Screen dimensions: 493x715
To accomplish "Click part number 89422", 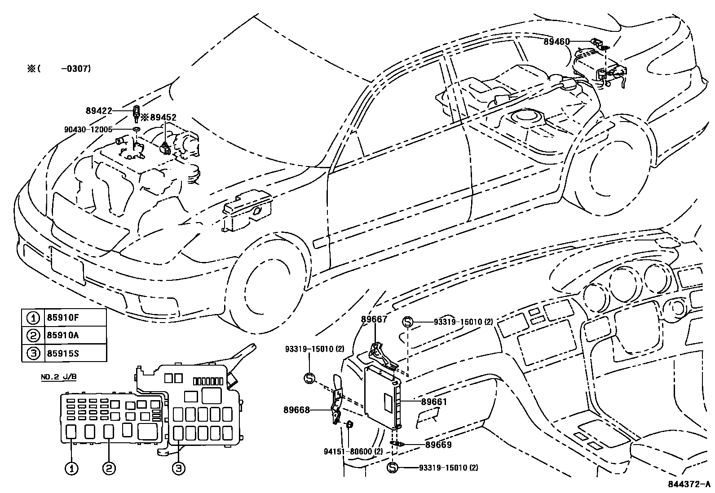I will pos(99,110).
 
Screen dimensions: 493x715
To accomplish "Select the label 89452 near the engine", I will pos(163,118).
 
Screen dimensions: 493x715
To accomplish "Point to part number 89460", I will pos(556,42).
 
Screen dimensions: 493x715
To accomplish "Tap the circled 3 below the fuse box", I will pos(178,469).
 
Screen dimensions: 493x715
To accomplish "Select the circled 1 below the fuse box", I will pos(71,469).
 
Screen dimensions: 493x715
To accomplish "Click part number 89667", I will pos(374,319).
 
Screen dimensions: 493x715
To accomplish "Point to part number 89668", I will pos(296,410).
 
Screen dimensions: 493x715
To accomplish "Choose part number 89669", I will pos(438,445).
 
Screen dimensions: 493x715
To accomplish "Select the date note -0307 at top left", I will pos(77,69).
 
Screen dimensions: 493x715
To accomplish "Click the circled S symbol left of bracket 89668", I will pos(309,378).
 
